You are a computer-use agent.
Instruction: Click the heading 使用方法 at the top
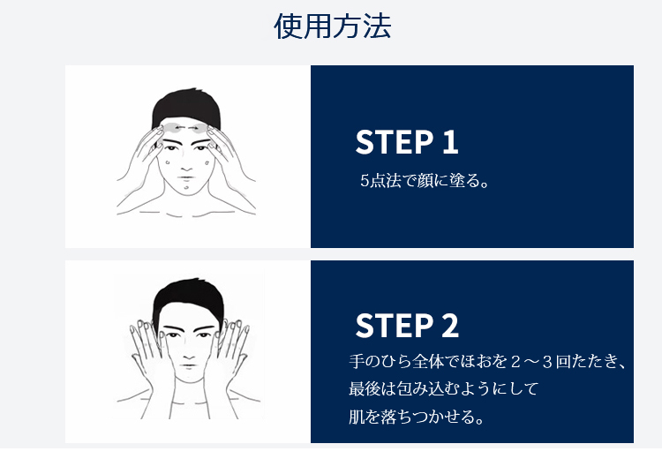pos(332,27)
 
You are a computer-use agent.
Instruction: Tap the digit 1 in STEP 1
pos(449,142)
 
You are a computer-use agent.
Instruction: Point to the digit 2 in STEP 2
pos(449,326)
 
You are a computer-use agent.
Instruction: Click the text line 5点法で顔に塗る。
pos(424,182)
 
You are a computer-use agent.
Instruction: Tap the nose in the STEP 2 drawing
pos(187,350)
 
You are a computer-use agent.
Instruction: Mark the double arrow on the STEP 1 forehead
pos(186,129)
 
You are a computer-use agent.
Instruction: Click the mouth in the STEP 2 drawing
pos(187,364)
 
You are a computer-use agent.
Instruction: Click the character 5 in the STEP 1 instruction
pos(365,182)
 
